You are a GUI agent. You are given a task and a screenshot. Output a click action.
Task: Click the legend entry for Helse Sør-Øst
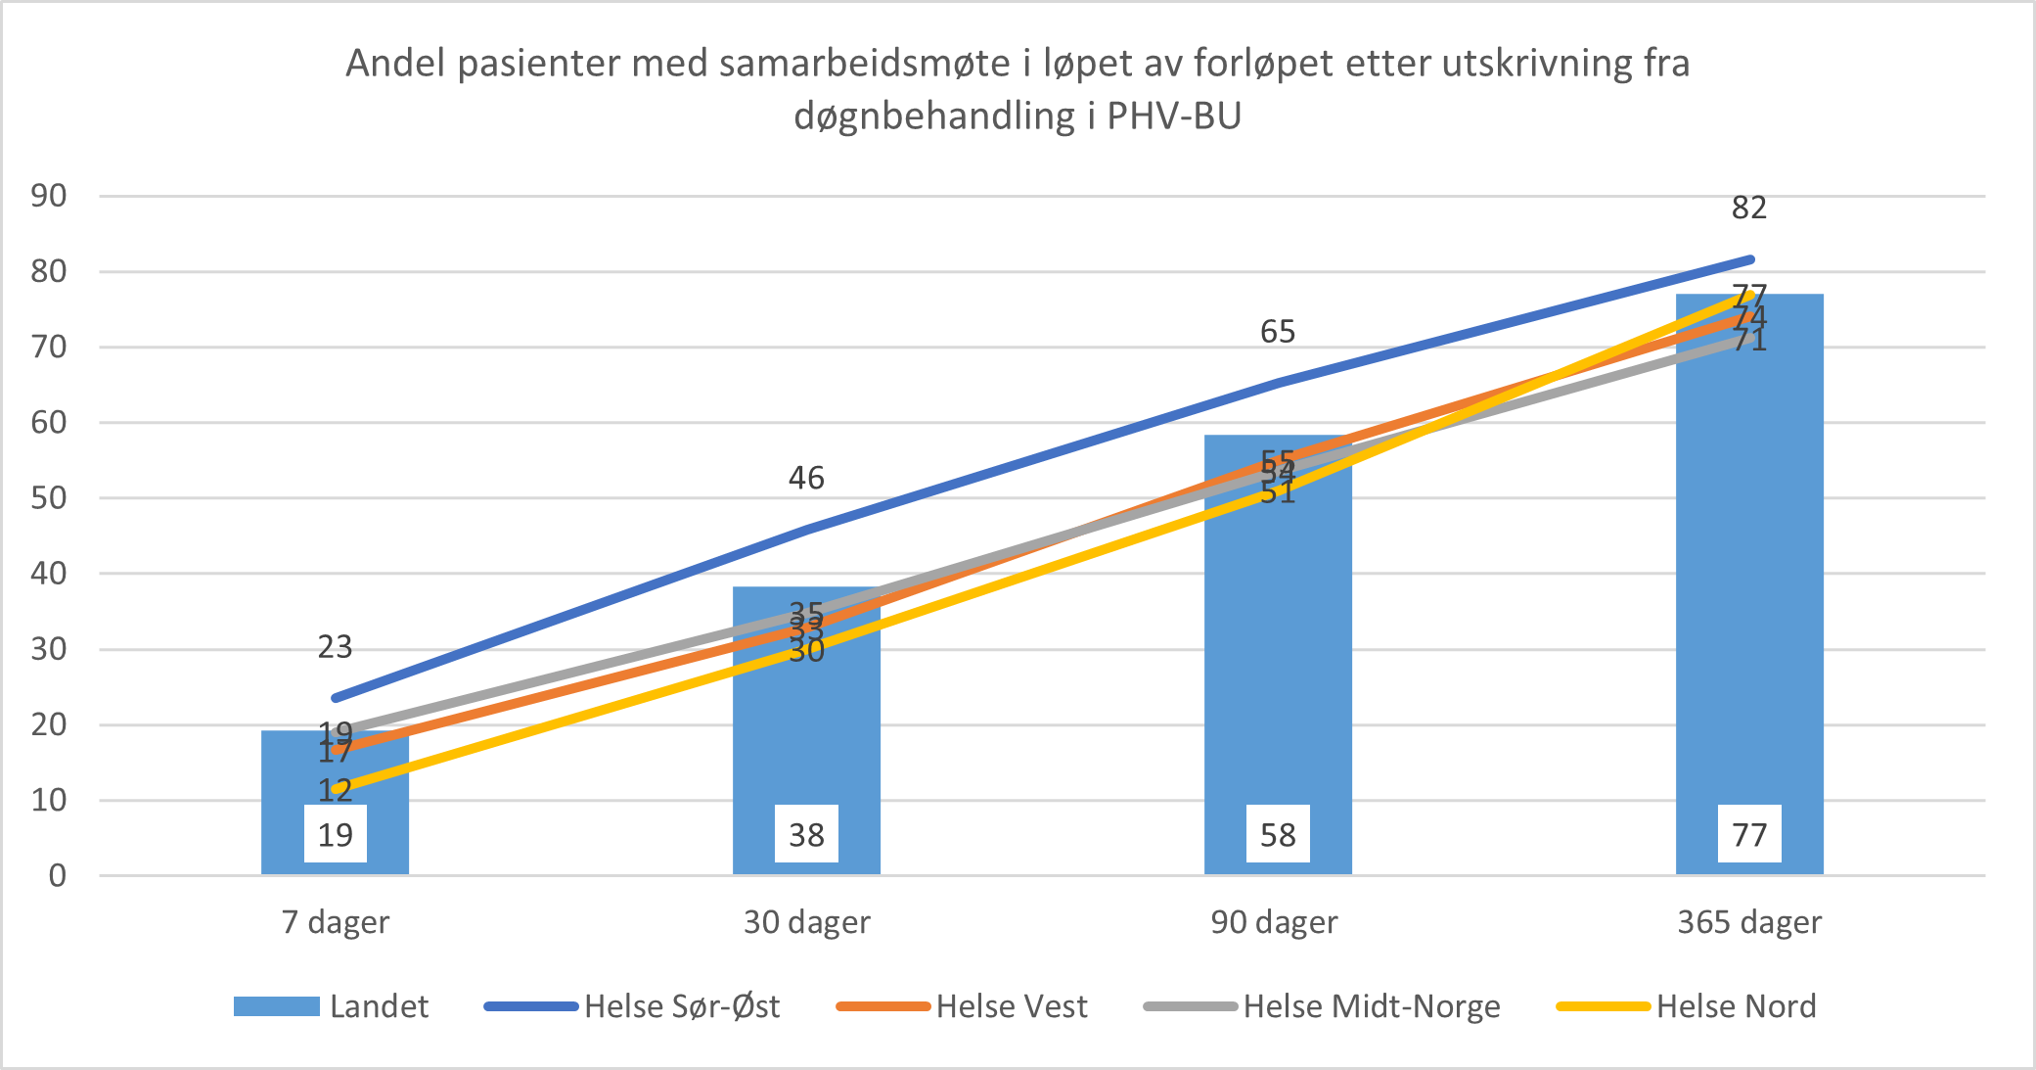tap(632, 1006)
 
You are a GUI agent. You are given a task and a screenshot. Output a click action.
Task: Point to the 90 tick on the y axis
tap(49, 196)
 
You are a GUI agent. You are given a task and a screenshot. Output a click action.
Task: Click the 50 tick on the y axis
tap(49, 498)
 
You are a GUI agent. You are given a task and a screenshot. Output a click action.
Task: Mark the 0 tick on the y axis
tap(58, 875)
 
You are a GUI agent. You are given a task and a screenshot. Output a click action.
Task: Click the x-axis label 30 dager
tap(806, 922)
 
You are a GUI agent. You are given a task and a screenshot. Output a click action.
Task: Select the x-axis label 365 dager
tap(1749, 922)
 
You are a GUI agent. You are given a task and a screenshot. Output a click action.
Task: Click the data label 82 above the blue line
tap(1749, 208)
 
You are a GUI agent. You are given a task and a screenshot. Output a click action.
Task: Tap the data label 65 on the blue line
tap(1278, 332)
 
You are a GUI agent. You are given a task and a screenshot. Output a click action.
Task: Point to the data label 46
tap(806, 478)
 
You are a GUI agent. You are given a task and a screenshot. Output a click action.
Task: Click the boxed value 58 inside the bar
tap(1278, 835)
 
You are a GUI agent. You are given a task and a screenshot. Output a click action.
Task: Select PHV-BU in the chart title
tap(1174, 116)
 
